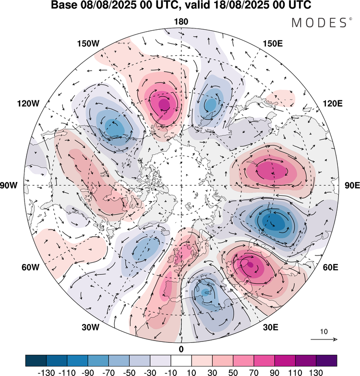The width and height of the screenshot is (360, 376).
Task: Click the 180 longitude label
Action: click(x=181, y=22)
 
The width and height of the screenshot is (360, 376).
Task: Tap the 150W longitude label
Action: click(x=88, y=44)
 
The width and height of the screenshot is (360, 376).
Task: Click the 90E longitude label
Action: click(x=352, y=185)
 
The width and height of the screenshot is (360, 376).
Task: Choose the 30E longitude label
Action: click(x=271, y=327)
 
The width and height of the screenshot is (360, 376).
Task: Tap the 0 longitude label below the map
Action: click(x=181, y=349)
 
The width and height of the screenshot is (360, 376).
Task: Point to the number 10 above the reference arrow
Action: click(x=324, y=332)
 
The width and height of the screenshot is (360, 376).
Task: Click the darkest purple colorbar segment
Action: click(x=326, y=360)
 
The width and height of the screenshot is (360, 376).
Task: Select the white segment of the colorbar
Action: click(x=181, y=360)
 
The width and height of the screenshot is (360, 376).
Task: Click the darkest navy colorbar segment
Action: click(x=36, y=360)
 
